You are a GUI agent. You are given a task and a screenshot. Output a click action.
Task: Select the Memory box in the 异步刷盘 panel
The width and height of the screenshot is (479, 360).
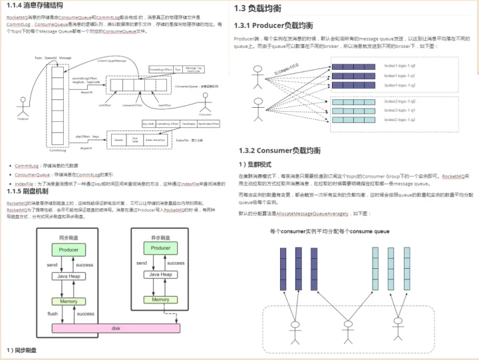click(x=160, y=301)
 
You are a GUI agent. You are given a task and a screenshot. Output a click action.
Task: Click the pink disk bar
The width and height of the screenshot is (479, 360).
click(x=116, y=327)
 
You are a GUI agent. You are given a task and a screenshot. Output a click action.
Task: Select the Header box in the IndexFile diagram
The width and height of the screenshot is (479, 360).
click(x=118, y=140)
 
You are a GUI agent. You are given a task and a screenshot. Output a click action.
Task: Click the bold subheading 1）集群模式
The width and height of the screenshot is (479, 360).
click(x=256, y=164)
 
